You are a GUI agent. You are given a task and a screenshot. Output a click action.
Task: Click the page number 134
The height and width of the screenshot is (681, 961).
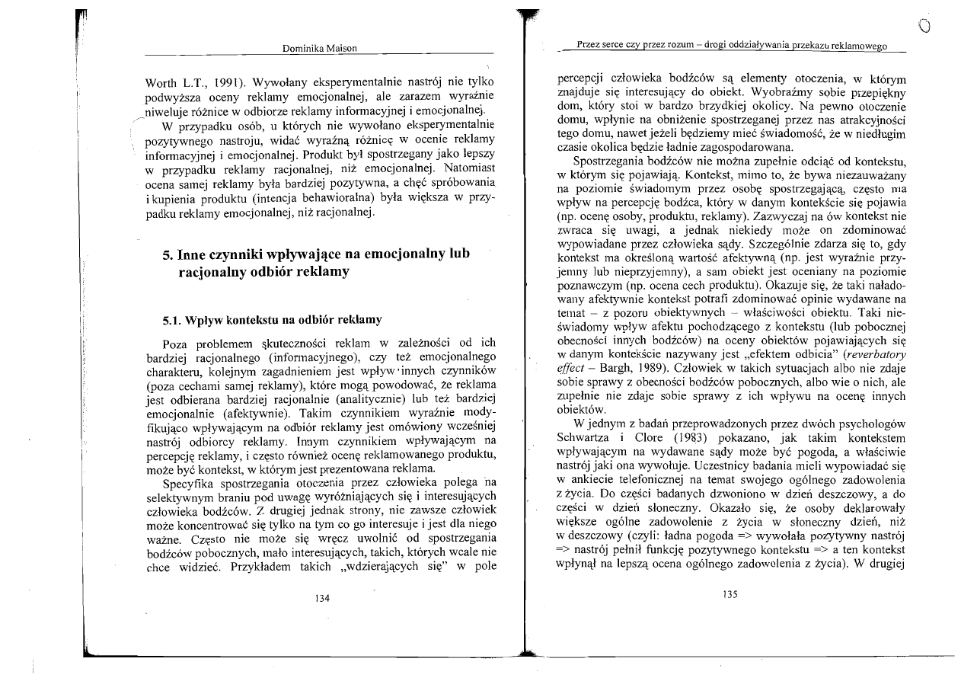[x=321, y=599]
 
